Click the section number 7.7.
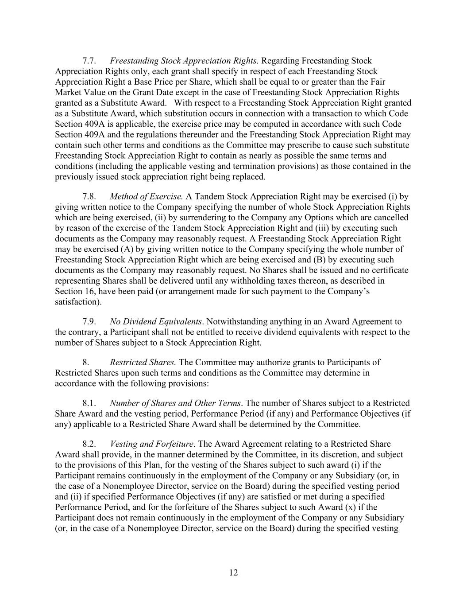point(89,61)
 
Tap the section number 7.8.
point(89,196)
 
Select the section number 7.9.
point(89,322)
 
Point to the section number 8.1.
point(89,403)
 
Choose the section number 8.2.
point(89,444)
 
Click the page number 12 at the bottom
point(234,573)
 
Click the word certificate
point(390,270)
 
